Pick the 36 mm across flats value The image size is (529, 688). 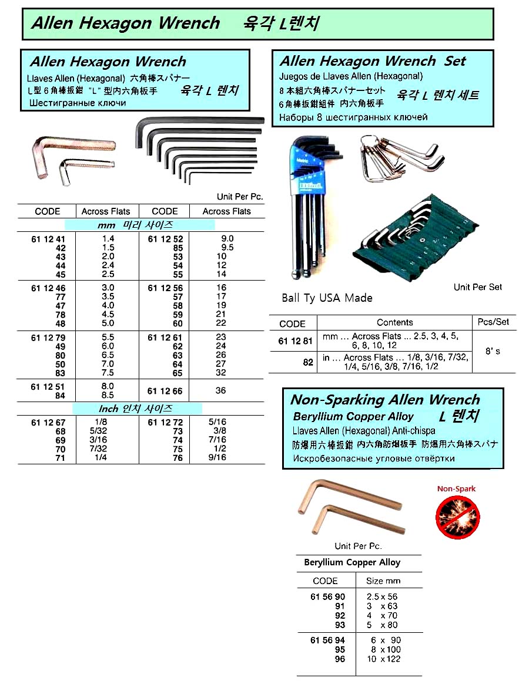pos(220,390)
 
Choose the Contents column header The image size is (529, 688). pos(394,322)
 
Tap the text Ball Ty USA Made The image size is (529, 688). pos(327,298)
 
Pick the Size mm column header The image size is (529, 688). pos(383,581)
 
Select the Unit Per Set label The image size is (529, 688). pos(477,287)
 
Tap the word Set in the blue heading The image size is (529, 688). pos(454,61)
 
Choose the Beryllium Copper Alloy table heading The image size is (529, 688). pos(352,562)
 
